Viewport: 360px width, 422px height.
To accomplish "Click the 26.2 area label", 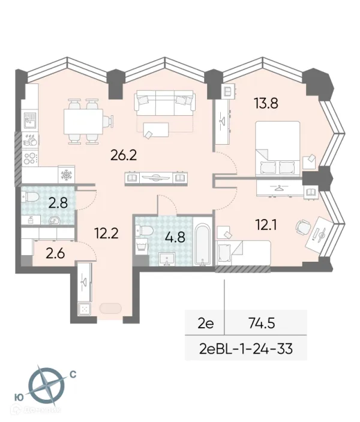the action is [x=124, y=155].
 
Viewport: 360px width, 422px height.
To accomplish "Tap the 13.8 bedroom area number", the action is [x=266, y=103].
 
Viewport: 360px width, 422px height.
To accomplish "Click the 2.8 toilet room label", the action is [x=58, y=203].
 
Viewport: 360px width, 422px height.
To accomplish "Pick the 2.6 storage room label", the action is [x=55, y=253].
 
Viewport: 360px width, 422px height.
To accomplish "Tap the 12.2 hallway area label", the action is [x=107, y=233].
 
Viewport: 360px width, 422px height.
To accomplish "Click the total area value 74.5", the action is [x=262, y=323].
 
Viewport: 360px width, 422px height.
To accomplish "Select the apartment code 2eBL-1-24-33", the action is [x=246, y=349].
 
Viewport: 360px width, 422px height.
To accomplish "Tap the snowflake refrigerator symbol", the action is [x=66, y=175].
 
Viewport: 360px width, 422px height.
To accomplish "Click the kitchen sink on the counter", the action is [x=29, y=120].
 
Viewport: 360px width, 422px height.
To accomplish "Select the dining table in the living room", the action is [x=83, y=121].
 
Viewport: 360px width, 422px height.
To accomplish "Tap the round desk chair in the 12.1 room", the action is [x=303, y=228].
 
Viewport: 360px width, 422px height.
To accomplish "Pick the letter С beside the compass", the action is [x=73, y=375].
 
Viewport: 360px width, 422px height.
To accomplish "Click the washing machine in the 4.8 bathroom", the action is [x=142, y=246].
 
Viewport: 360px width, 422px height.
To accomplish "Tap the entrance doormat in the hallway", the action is [x=110, y=309].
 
